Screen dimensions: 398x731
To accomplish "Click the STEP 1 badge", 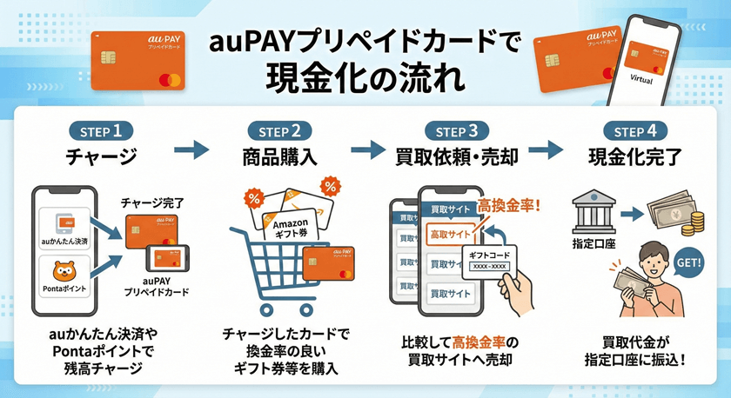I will [x=102, y=132].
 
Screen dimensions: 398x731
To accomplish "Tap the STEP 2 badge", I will [x=278, y=132].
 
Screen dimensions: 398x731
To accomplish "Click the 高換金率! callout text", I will [x=509, y=207].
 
